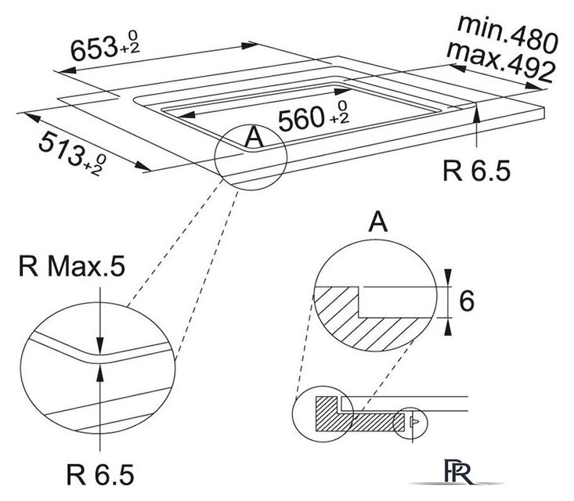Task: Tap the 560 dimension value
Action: point(301,119)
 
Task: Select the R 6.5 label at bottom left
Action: point(100,474)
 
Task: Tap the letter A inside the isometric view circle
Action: point(252,138)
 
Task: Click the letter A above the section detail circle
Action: point(377,224)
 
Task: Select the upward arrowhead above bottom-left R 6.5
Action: point(100,369)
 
